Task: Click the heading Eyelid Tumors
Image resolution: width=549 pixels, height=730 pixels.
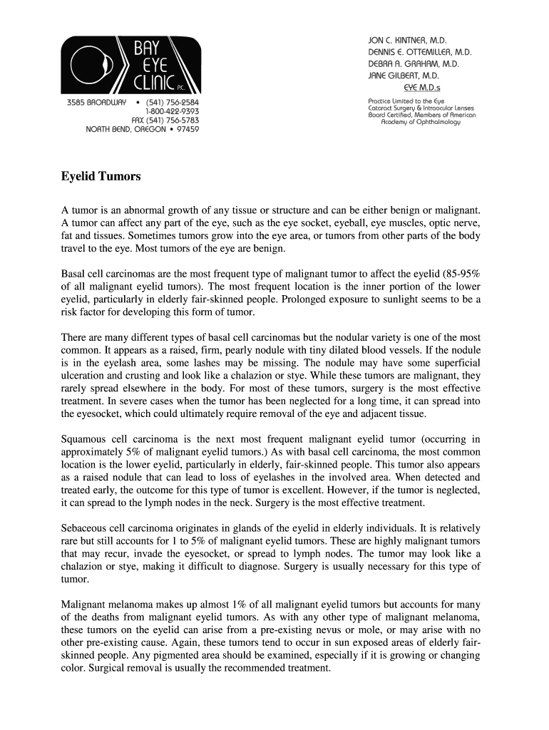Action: tap(101, 176)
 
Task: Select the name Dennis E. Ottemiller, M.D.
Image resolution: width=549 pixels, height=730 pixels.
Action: tap(420, 52)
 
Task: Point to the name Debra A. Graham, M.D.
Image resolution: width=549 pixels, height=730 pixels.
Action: tap(414, 63)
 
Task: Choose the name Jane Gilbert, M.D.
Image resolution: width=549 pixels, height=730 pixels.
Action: tap(404, 75)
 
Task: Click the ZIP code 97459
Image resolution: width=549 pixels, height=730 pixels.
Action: tap(185, 130)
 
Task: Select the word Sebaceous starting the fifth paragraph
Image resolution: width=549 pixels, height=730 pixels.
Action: tap(85, 528)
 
